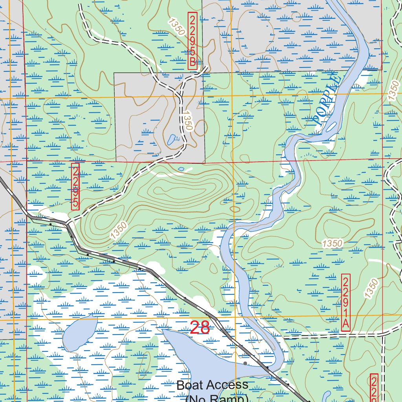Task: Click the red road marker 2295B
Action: click(x=192, y=41)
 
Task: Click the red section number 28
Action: click(x=199, y=328)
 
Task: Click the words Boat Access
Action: click(x=212, y=385)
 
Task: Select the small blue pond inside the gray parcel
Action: click(x=172, y=139)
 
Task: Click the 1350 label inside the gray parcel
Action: click(x=187, y=120)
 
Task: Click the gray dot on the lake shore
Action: click(x=245, y=364)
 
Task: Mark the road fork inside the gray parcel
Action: click(x=180, y=94)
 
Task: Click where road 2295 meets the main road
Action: click(x=68, y=224)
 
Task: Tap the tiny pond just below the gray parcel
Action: click(x=181, y=169)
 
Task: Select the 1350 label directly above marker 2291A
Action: click(x=332, y=243)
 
